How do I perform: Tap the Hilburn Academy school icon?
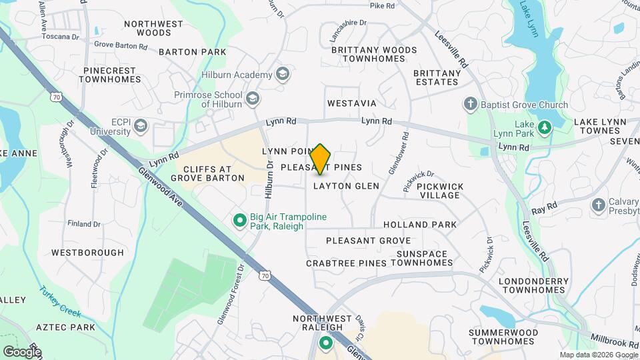click(283, 75)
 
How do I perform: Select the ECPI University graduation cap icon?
click(141, 126)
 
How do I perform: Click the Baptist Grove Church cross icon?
click(471, 105)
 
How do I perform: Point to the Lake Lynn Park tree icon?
click(544, 127)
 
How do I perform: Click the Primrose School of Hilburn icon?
click(252, 99)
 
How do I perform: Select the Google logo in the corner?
click(21, 351)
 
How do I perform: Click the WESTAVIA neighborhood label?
click(351, 104)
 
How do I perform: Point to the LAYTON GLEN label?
click(346, 186)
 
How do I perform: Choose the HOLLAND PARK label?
click(420, 225)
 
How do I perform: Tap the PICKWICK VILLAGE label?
click(439, 191)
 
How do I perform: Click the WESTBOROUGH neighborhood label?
click(87, 253)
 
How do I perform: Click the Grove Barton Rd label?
click(121, 46)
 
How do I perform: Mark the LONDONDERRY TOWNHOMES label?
click(531, 286)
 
